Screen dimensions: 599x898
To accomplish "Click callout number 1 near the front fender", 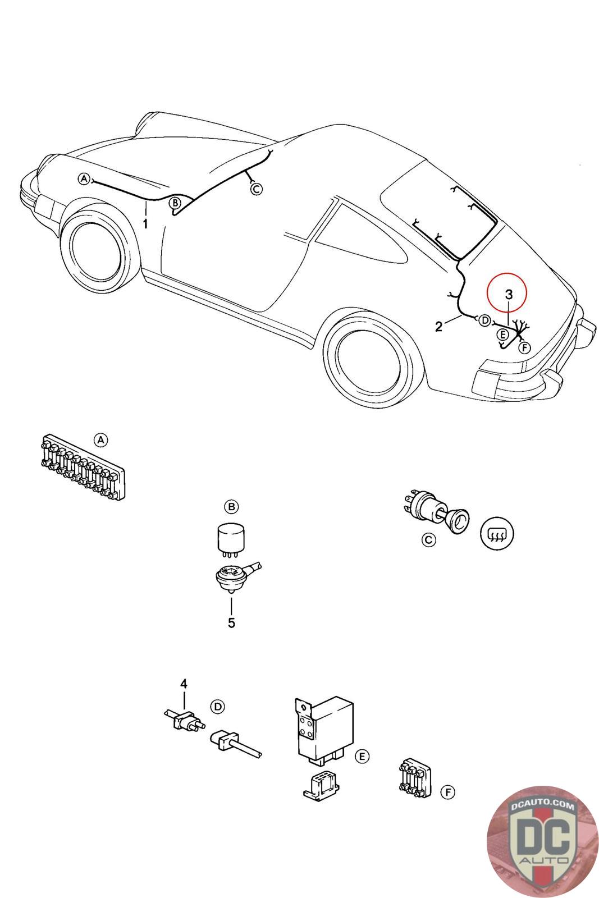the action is [145, 224].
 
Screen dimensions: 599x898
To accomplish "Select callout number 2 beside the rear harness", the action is [439, 326].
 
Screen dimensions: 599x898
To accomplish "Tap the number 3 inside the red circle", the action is [509, 295].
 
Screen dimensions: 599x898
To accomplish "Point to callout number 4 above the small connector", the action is [183, 684].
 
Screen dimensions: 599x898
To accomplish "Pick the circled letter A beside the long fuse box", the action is [100, 440].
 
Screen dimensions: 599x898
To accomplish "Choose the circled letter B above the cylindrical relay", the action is [231, 507].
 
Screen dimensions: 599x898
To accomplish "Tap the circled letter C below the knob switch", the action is [428, 540].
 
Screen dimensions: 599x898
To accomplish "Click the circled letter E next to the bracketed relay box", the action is [362, 757].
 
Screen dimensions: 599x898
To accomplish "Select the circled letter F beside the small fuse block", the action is [447, 792].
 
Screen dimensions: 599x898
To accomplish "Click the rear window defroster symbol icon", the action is [496, 533].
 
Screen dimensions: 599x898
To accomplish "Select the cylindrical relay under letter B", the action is [231, 539].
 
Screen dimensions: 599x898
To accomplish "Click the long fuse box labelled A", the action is [83, 466].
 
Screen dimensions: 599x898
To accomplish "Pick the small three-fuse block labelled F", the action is [415, 778].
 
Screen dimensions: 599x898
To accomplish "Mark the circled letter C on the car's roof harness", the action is [256, 189].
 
